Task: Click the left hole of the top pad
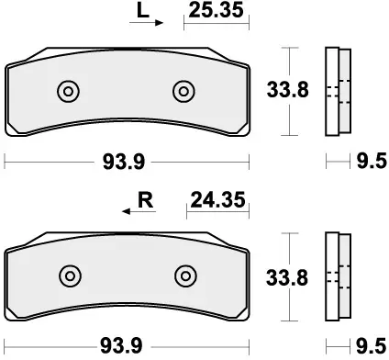click(68, 91)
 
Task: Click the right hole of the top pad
click(183, 91)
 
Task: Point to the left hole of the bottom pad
click(68, 275)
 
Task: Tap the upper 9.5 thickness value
click(368, 163)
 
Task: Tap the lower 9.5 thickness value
click(368, 346)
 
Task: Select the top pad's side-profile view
click(339, 91)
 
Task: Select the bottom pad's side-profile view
click(339, 275)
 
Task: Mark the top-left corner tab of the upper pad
click(12, 66)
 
